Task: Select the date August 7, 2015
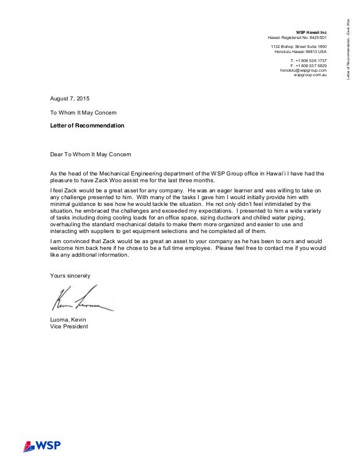click(70, 99)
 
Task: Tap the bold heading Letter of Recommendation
click(87, 125)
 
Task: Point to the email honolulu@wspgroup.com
click(304, 70)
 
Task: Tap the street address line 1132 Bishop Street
click(298, 46)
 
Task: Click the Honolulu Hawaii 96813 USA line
click(300, 51)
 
